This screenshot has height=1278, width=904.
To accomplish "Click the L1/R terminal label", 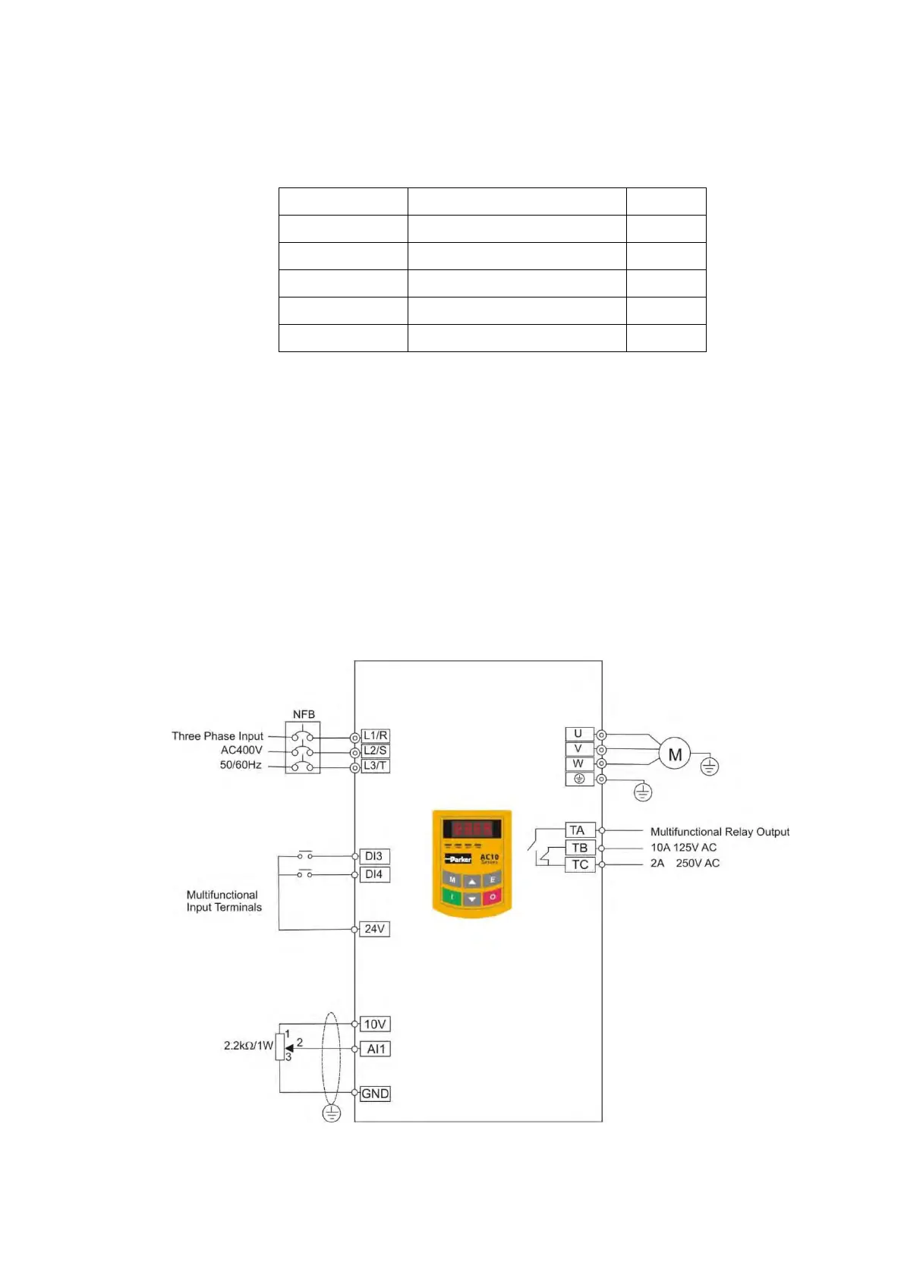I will pyautogui.click(x=375, y=735).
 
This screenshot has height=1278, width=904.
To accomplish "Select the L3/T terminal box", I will pyautogui.click(x=375, y=766).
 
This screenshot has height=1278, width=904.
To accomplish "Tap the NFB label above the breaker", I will pyautogui.click(x=304, y=714).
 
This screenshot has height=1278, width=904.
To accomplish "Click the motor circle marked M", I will pyautogui.click(x=674, y=754).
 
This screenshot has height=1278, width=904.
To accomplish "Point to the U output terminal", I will pyautogui.click(x=579, y=734).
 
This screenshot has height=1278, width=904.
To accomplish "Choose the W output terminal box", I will pyautogui.click(x=579, y=763).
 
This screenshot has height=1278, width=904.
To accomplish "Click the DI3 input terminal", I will pyautogui.click(x=374, y=856).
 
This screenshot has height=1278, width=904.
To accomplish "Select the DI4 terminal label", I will pyautogui.click(x=374, y=874).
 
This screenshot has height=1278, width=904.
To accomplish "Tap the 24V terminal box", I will pyautogui.click(x=374, y=929).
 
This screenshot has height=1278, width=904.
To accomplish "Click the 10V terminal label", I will pyautogui.click(x=375, y=1025).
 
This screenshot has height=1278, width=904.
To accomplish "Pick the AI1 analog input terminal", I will pyautogui.click(x=376, y=1049).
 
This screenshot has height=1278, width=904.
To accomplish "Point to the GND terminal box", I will pyautogui.click(x=375, y=1094).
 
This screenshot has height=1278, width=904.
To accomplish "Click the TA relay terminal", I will pyautogui.click(x=579, y=830).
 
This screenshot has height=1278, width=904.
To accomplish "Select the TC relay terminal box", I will pyautogui.click(x=580, y=864).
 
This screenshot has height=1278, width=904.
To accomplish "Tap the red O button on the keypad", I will pyautogui.click(x=492, y=897).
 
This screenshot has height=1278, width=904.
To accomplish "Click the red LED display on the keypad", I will pyautogui.click(x=472, y=828).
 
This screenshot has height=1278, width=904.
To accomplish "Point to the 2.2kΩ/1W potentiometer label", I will pyautogui.click(x=248, y=1045).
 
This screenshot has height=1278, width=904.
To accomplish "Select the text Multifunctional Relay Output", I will pyautogui.click(x=720, y=832).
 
